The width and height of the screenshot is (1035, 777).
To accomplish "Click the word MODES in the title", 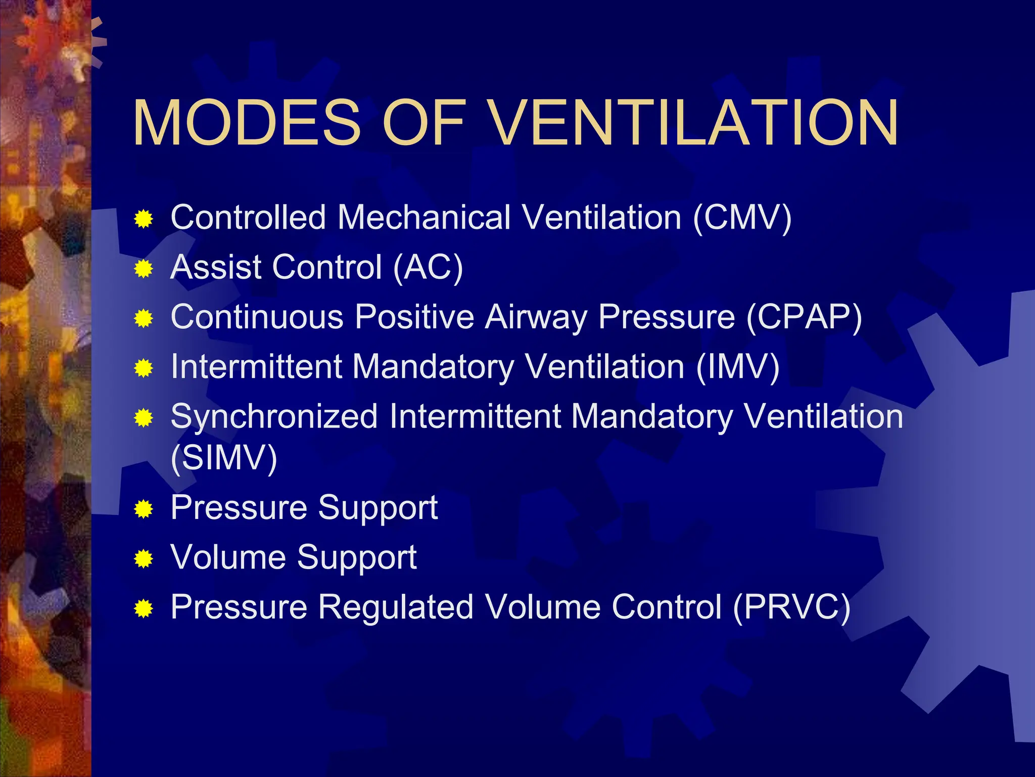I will [247, 123].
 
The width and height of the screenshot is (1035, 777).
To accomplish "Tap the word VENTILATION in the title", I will [694, 123].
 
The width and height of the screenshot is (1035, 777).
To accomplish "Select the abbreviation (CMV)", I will [742, 218].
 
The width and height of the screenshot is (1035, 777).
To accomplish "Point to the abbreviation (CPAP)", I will [804, 317].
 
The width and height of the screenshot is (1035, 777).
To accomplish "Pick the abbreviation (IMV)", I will [737, 367].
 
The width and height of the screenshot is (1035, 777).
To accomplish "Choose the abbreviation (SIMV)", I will [224, 458].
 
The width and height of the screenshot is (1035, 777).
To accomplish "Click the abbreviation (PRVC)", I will [791, 607].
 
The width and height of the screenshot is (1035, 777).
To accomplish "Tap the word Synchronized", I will [274, 417].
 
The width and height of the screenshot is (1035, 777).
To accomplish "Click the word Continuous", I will [257, 317].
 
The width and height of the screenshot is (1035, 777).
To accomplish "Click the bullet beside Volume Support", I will [144, 559].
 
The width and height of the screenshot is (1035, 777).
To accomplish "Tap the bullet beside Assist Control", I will [144, 269].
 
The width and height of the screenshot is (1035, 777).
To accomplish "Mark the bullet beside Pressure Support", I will [144, 509].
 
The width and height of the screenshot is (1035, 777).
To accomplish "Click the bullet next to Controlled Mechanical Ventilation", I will [144, 220].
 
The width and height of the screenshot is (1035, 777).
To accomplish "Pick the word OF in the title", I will [424, 123].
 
